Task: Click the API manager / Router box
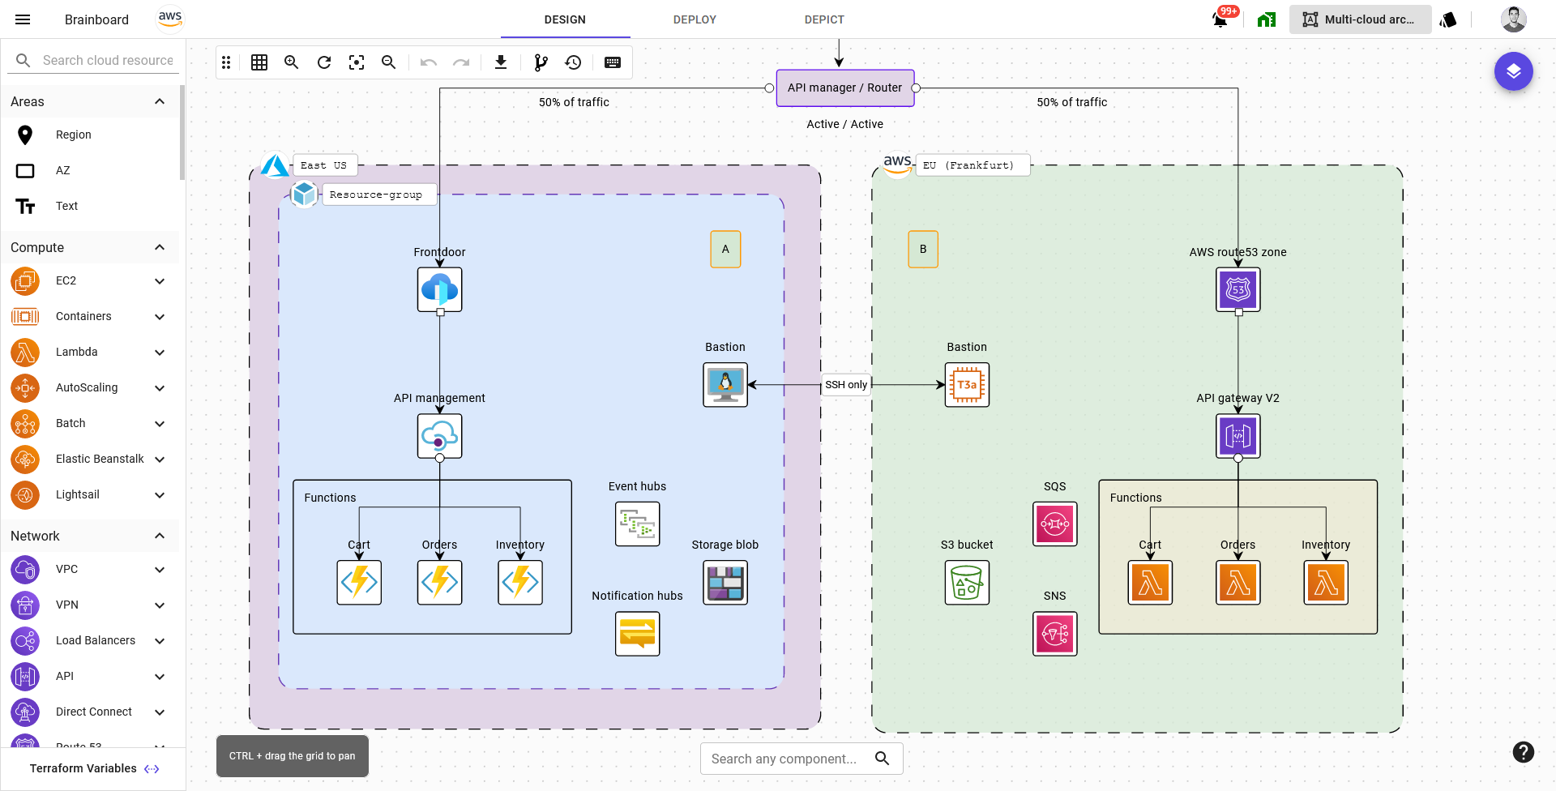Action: pos(844,88)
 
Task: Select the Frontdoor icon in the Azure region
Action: pos(439,289)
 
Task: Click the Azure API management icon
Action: pos(439,436)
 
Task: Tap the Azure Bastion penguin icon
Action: pos(725,384)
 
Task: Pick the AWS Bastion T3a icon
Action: pos(967,384)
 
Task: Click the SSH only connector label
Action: pos(846,384)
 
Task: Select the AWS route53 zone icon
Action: pos(1238,289)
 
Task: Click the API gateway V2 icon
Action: pos(1238,436)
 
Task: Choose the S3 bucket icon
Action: pos(967,583)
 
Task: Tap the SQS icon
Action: pos(1054,524)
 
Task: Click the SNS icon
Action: pos(1054,633)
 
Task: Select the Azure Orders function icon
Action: pos(439,582)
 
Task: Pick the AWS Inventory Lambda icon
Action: pos(1326,582)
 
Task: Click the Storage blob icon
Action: pos(725,582)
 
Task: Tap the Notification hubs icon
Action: pos(637,633)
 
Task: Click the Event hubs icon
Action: pos(637,524)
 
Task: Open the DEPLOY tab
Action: pos(695,19)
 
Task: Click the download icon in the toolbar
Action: pos(501,62)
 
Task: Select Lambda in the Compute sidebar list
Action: pos(77,352)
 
